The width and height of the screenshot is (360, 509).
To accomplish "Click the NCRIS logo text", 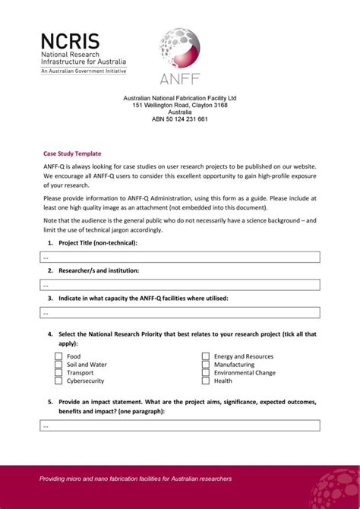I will click(x=70, y=41).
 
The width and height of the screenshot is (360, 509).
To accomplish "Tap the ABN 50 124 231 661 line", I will click(x=180, y=119).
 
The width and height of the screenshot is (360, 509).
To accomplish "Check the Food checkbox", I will click(x=58, y=356).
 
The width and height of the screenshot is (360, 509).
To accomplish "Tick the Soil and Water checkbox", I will click(x=58, y=365).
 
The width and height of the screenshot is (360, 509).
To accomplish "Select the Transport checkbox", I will click(x=58, y=373).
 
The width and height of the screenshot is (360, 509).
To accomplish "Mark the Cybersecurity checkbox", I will click(x=58, y=381).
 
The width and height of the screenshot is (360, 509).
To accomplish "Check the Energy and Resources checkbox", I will click(x=206, y=356).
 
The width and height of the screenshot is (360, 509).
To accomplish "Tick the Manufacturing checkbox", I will click(x=206, y=365).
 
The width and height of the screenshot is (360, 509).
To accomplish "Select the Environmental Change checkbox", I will click(x=206, y=373).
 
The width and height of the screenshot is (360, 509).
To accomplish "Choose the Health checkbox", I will click(x=206, y=381).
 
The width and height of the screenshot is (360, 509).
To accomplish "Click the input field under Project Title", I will click(x=180, y=257).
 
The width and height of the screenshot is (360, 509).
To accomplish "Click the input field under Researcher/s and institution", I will click(x=180, y=285).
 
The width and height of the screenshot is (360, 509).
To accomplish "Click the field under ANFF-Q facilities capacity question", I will click(x=180, y=312).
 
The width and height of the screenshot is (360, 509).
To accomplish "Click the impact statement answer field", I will click(x=180, y=425).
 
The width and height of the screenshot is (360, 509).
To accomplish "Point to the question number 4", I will click(x=49, y=334).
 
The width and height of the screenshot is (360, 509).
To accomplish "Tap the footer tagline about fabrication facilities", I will click(x=135, y=479).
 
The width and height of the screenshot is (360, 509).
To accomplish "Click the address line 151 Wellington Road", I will click(x=180, y=106).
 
